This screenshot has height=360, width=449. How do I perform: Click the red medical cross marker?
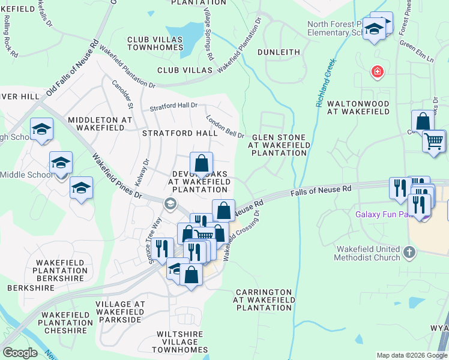click(x=377, y=73)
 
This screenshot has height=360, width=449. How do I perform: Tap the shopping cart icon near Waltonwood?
click(x=433, y=142)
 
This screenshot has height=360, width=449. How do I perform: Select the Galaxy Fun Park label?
click(x=384, y=214)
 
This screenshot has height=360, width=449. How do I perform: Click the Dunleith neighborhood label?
click(x=279, y=52)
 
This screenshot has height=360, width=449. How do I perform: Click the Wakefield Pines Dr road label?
click(x=116, y=176)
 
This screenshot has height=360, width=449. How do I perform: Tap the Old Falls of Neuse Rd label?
click(x=72, y=70)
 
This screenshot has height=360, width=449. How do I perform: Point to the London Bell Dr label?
click(x=225, y=127)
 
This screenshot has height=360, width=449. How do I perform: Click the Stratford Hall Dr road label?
click(x=173, y=106)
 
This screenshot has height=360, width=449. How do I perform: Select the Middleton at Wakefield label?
click(x=100, y=124)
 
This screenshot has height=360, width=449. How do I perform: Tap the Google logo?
click(x=20, y=353)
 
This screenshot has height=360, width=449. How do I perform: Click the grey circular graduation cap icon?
click(x=170, y=204)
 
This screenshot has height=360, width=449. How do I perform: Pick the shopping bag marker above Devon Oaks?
click(x=202, y=163)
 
